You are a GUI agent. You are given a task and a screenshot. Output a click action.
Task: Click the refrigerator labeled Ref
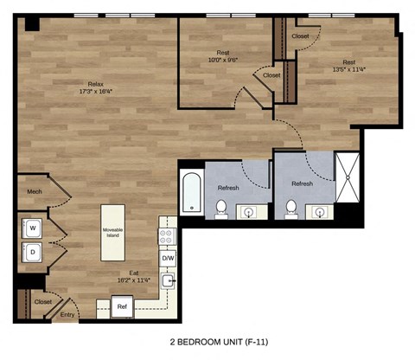pos(122,306)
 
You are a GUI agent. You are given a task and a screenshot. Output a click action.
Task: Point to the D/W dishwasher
pos(167,258)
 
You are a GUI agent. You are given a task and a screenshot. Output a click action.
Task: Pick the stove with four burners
pos(166,235)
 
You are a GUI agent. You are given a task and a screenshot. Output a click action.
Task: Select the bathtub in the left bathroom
pos(191,192)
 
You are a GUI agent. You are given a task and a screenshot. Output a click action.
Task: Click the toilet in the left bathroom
pos(221,208)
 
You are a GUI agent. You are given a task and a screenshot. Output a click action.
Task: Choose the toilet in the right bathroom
pos(291,208)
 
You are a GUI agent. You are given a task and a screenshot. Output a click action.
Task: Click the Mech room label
pos(35,192)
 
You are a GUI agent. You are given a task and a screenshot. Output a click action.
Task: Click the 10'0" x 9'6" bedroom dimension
pos(222,59)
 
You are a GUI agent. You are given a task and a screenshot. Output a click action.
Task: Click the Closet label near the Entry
pos(41,302)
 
